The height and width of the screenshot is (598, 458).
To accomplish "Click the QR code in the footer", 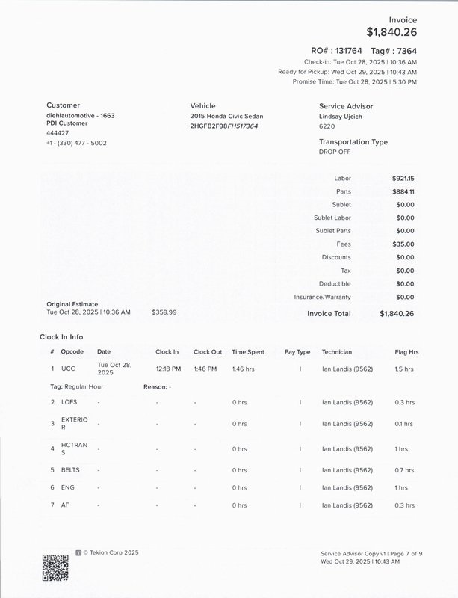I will click(x=55, y=567).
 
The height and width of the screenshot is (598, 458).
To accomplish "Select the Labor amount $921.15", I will click(x=403, y=179).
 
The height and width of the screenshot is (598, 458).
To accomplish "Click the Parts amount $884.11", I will click(x=403, y=191).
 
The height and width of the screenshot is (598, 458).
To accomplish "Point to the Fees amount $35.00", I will click(x=403, y=244).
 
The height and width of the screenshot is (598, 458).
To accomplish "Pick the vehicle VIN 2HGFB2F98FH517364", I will click(x=224, y=126).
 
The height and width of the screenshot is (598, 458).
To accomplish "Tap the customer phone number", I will click(x=76, y=143).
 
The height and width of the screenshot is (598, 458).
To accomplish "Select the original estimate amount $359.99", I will click(x=164, y=312).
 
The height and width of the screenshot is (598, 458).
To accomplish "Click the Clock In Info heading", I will click(x=61, y=337).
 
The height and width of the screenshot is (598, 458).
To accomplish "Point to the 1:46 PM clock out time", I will click(x=205, y=369).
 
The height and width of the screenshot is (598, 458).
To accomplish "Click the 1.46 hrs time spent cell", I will click(x=243, y=369).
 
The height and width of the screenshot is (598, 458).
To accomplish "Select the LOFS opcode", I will click(x=69, y=402).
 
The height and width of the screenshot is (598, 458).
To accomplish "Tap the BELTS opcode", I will click(x=70, y=470).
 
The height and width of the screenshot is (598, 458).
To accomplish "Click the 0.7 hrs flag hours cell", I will click(x=404, y=470).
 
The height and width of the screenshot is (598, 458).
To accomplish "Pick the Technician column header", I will click(x=336, y=351).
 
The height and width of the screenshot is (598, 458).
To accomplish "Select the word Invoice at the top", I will click(x=403, y=19).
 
